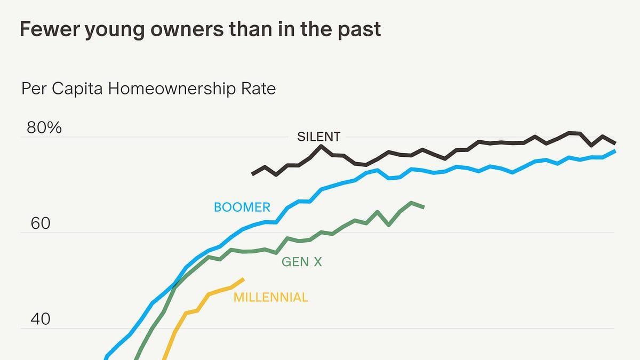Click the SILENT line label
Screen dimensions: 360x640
(318, 137)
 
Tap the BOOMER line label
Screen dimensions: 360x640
(242, 207)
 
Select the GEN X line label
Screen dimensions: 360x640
(302, 262)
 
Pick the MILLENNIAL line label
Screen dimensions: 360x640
(270, 297)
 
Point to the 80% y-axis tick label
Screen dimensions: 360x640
(44, 128)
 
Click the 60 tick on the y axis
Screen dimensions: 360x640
(41, 223)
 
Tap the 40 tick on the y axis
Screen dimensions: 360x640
(41, 319)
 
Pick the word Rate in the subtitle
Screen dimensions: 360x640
(258, 88)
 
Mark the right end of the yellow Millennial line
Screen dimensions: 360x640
(243, 279)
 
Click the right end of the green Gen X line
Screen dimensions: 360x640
(423, 207)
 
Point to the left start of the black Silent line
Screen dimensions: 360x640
(253, 174)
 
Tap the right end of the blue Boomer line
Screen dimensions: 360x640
(614, 151)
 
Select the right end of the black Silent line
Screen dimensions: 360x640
(614, 143)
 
